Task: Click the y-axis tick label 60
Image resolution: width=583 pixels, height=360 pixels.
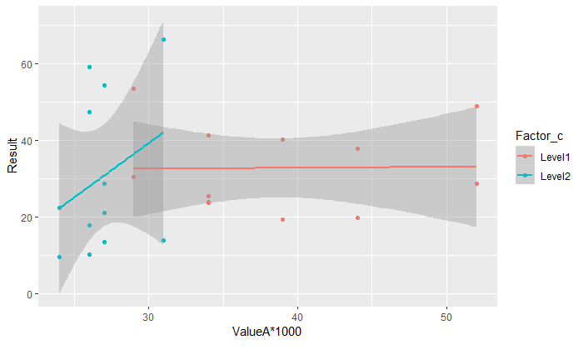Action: tap(26, 64)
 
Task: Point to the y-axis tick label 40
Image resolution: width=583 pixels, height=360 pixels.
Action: tap(26, 141)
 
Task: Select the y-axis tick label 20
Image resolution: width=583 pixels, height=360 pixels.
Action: tap(26, 217)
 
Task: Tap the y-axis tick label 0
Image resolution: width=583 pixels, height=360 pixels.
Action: tap(28, 294)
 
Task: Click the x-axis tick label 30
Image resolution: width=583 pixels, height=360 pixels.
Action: tap(148, 317)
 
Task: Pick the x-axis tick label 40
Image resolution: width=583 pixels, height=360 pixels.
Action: tap(297, 317)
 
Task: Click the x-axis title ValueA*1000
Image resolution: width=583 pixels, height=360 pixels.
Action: tap(267, 332)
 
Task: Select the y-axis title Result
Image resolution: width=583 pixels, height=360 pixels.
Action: tap(12, 156)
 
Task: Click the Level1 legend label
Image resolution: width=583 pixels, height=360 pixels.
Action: tap(554, 155)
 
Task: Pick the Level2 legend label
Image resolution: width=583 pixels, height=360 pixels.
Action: tap(554, 175)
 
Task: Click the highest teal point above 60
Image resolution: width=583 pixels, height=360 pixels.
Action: tap(163, 39)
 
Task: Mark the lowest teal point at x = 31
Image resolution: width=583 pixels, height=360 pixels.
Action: tap(163, 241)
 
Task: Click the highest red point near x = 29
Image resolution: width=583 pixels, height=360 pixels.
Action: tap(133, 88)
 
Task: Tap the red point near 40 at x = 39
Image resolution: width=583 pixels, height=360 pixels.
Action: tap(282, 139)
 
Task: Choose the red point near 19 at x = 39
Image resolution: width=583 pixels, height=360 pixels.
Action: tap(282, 219)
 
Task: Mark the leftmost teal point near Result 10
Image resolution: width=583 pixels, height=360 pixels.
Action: tap(59, 257)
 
